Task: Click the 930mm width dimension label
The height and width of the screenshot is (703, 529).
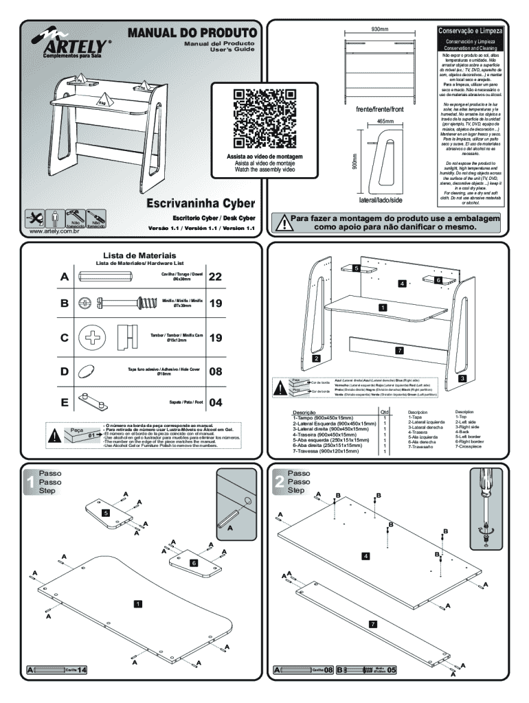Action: coord(380,30)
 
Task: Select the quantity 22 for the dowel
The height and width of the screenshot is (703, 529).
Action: coord(216,277)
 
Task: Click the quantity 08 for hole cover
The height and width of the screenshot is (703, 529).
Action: coord(216,371)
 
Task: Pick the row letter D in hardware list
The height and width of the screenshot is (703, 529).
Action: coord(65,371)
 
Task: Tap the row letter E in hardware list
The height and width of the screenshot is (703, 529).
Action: coord(65,402)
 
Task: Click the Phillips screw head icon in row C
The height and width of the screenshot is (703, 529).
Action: coord(91,338)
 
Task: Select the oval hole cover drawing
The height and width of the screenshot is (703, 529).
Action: coord(87,371)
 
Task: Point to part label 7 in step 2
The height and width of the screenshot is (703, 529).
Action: coord(372,623)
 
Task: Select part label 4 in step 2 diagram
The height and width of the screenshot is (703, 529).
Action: coord(366,555)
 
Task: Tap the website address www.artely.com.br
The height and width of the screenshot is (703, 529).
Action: coord(54,231)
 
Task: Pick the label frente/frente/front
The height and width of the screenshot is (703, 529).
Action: coord(380,109)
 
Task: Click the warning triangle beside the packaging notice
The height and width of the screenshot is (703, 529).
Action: coord(282,222)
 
